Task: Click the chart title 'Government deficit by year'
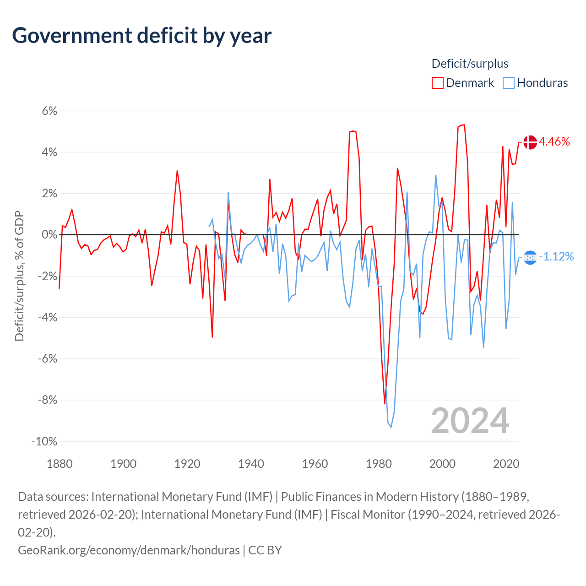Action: (142, 36)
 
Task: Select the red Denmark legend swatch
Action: (437, 83)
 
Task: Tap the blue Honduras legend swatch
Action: (508, 83)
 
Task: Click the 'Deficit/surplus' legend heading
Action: (470, 64)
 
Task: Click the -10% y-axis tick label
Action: (44, 441)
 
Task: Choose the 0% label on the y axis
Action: (49, 235)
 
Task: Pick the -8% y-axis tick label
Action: (47, 400)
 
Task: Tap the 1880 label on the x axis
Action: (60, 464)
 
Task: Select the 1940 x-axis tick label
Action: (251, 464)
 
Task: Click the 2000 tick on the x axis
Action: (442, 464)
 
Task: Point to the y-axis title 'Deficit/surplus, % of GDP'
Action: (19, 276)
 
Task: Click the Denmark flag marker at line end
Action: (530, 142)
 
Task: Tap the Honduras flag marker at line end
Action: (530, 258)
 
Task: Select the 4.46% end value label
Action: (554, 141)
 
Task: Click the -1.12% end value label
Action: (556, 256)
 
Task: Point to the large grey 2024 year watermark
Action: (470, 421)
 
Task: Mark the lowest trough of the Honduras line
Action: (391, 427)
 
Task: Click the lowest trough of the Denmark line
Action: (385, 404)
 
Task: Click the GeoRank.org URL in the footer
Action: (129, 550)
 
